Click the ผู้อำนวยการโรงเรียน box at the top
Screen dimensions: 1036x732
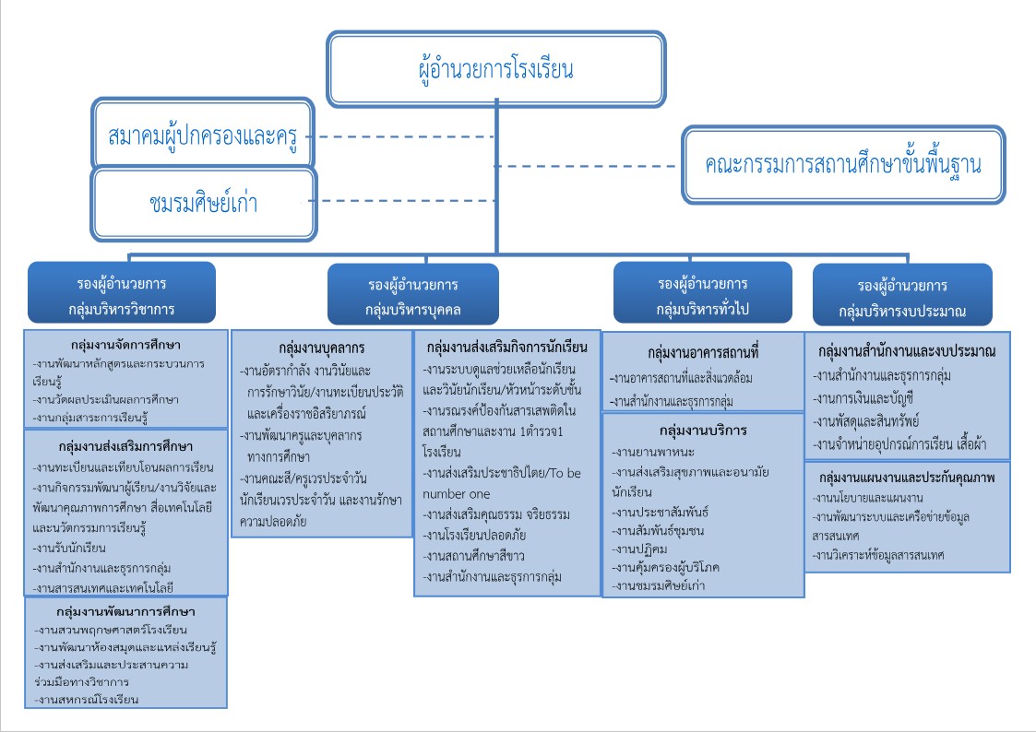pyautogui.click(x=496, y=68)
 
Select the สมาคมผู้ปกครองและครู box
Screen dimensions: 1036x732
pyautogui.click(x=202, y=134)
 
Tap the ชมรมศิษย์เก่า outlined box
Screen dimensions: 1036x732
pyautogui.click(x=204, y=204)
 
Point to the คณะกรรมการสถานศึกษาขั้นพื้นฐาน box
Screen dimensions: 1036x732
pyautogui.click(x=843, y=164)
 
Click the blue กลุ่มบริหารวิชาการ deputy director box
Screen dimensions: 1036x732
pyautogui.click(x=122, y=293)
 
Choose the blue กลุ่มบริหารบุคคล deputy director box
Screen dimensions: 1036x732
pyautogui.click(x=413, y=294)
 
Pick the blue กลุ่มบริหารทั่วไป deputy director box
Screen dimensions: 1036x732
pyautogui.click(x=702, y=293)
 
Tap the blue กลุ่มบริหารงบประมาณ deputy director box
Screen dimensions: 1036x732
pyautogui.click(x=902, y=295)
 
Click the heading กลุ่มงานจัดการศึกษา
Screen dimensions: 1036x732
pyautogui.click(x=125, y=345)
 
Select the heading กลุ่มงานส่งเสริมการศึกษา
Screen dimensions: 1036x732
pyautogui.click(x=125, y=446)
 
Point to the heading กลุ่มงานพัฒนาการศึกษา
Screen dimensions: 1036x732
pyautogui.click(x=125, y=611)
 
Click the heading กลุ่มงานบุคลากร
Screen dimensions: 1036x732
pyautogui.click(x=322, y=348)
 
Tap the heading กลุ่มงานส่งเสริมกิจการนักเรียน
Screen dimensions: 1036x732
pyautogui.click(x=506, y=348)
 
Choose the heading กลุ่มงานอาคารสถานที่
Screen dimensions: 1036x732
pyautogui.click(x=703, y=352)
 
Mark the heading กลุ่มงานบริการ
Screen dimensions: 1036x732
pyautogui.click(x=703, y=431)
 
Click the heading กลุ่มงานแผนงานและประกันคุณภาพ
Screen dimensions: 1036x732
pyautogui.click(x=907, y=478)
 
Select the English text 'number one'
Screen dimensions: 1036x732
pyautogui.click(x=456, y=494)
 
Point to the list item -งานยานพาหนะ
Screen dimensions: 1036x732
pyautogui.click(x=653, y=452)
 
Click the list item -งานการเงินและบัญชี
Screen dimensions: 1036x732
pyautogui.click(x=863, y=398)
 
